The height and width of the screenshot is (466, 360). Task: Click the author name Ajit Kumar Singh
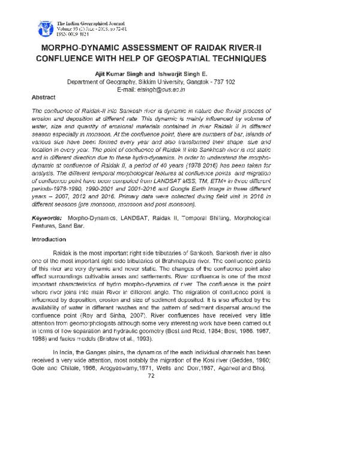click(115, 73)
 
